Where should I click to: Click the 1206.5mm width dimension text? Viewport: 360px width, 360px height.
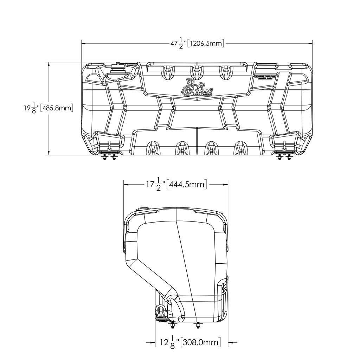[206, 43]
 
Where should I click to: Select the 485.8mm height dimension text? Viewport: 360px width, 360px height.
[57, 108]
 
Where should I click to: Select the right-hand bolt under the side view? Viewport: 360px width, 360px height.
[197, 326]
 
